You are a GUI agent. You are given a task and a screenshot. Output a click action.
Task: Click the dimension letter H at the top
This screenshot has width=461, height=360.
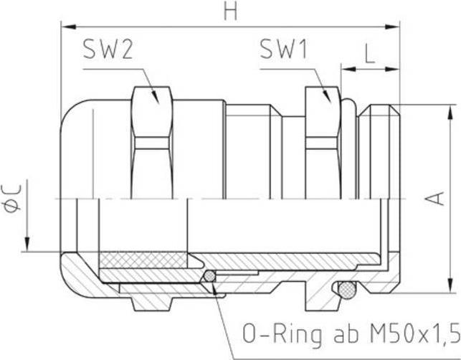(230, 11)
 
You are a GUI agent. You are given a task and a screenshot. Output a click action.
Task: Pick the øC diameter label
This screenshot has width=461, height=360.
(15, 196)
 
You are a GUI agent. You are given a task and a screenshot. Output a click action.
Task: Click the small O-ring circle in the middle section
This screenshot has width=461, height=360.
(209, 276)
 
